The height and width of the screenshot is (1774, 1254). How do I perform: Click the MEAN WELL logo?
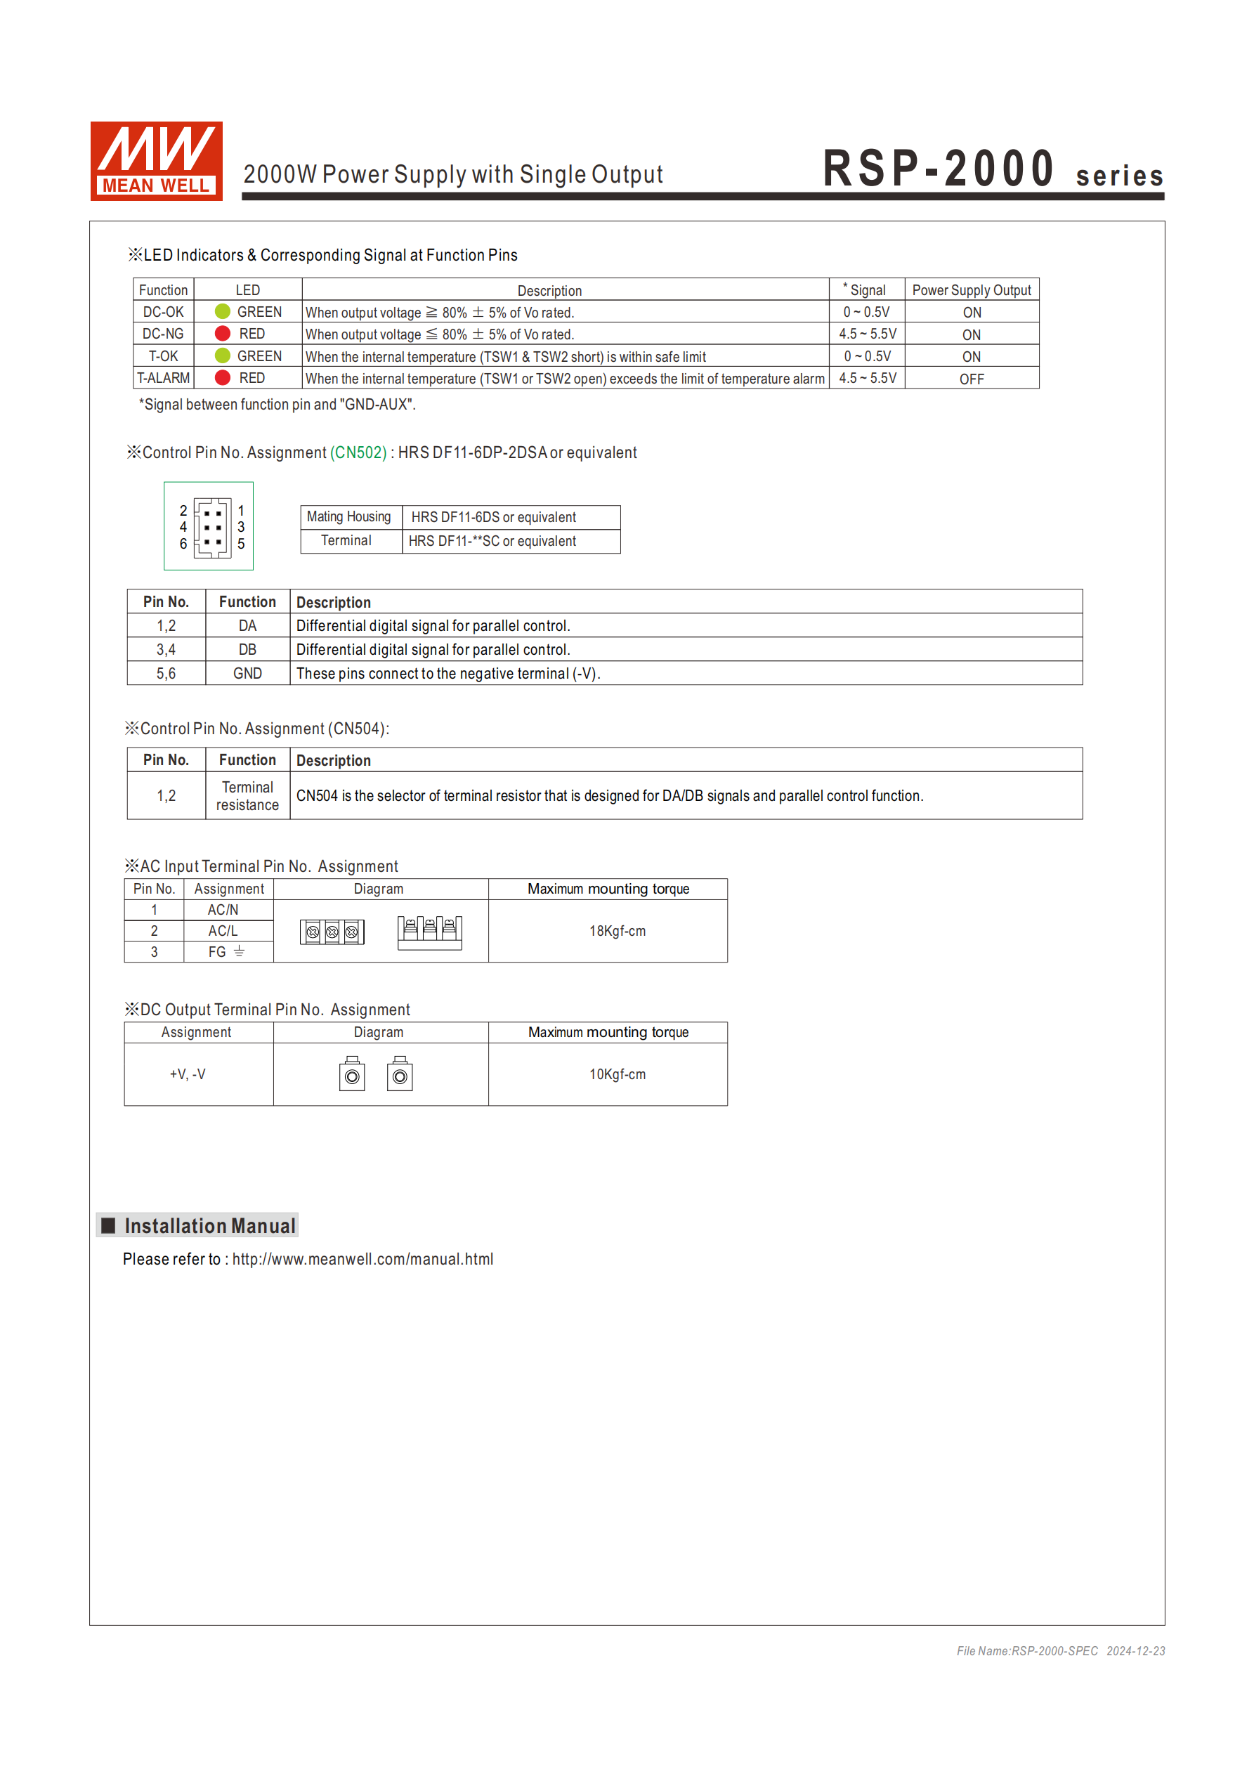tap(156, 161)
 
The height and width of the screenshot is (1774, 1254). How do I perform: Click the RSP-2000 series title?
tap(992, 169)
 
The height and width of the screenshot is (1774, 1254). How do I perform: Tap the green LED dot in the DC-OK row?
tap(223, 311)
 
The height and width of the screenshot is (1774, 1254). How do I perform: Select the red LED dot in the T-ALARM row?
tap(223, 378)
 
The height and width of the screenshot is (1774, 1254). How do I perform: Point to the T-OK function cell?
tap(163, 356)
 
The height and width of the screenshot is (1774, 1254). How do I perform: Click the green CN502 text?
tap(358, 452)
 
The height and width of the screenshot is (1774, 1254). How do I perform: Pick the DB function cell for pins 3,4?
tap(247, 650)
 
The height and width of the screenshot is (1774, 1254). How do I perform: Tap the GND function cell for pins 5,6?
tap(247, 674)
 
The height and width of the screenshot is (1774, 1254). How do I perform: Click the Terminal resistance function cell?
tap(247, 796)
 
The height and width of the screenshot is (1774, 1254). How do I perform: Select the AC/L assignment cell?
tap(223, 931)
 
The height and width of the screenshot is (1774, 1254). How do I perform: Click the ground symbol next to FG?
tap(240, 952)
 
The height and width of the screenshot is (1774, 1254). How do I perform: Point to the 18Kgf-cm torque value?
tap(618, 931)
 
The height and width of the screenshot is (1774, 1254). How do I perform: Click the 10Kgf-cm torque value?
tap(618, 1074)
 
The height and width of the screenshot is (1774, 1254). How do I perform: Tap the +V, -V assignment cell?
tap(188, 1074)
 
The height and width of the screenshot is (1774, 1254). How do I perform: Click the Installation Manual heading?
tap(209, 1225)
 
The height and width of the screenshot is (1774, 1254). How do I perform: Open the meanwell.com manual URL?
tap(363, 1260)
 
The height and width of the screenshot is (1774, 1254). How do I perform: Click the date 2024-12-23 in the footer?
tap(1135, 1651)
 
